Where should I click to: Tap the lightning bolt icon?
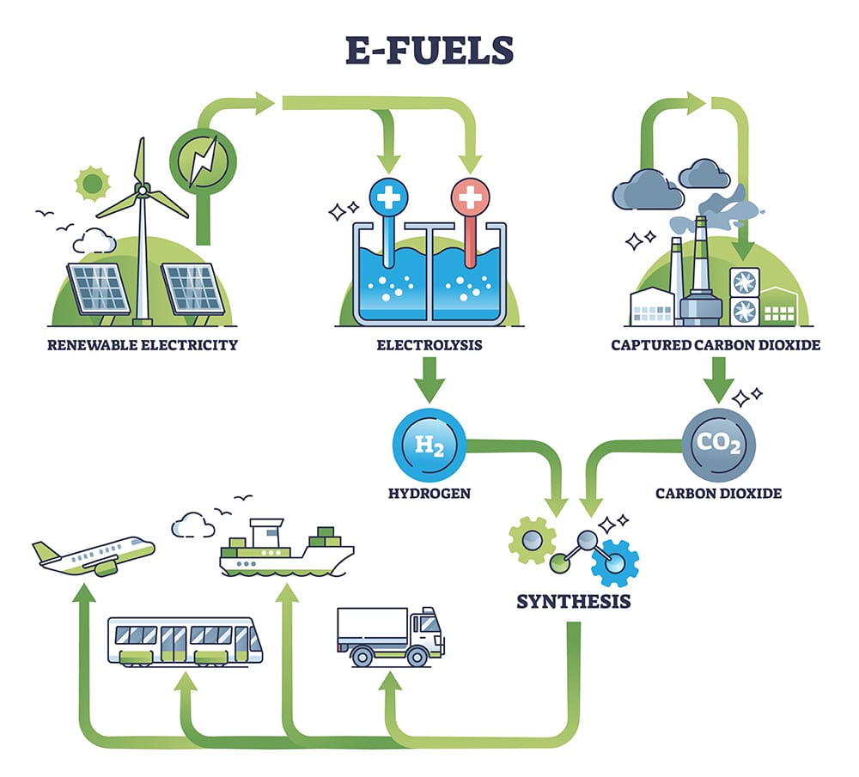pos(203,160)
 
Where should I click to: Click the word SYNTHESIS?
pos(574,601)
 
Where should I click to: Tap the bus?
pos(185,640)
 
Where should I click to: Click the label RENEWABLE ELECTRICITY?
pos(142,346)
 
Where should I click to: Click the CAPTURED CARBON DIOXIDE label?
pos(716,346)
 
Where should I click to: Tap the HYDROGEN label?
pos(429,493)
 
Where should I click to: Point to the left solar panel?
pos(101,288)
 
